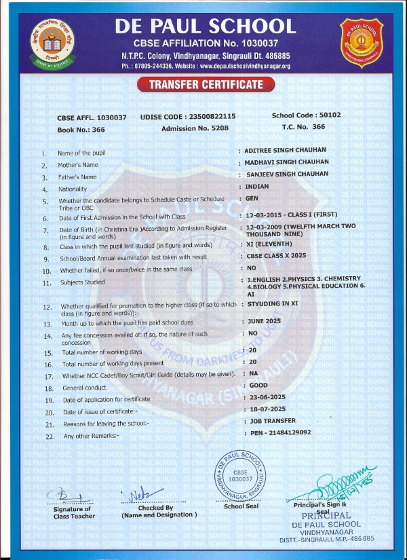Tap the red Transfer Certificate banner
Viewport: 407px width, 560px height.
[x=203, y=85]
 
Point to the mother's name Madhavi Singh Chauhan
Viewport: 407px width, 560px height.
[x=288, y=162]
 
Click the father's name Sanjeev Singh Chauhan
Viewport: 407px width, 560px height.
[x=288, y=174]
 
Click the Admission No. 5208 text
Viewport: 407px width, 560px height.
[x=200, y=127]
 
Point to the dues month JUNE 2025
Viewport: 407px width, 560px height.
[x=264, y=321]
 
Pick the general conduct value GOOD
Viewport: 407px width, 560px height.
[x=258, y=386]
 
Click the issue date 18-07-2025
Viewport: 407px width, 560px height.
[x=267, y=409]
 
